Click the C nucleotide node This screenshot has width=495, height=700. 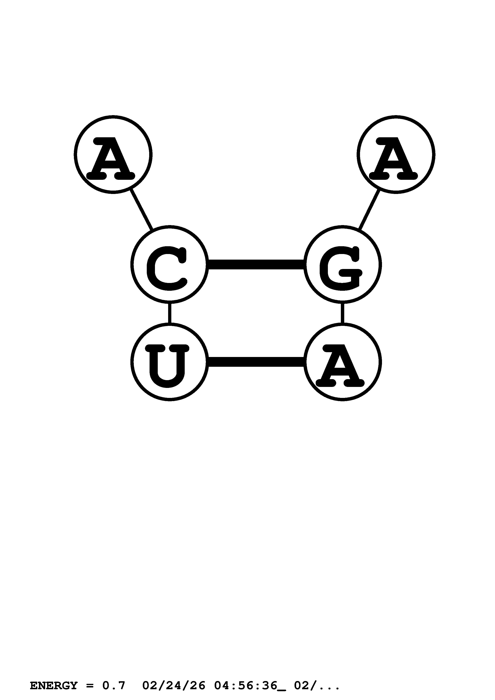[x=169, y=264]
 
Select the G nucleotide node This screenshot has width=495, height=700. [x=342, y=264]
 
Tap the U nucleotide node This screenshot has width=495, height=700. [x=169, y=362]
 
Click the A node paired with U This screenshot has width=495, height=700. [x=342, y=362]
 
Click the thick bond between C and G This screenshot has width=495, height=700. [x=256, y=264]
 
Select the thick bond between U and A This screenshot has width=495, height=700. [x=256, y=362]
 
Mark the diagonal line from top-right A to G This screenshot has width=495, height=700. [x=369, y=210]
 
